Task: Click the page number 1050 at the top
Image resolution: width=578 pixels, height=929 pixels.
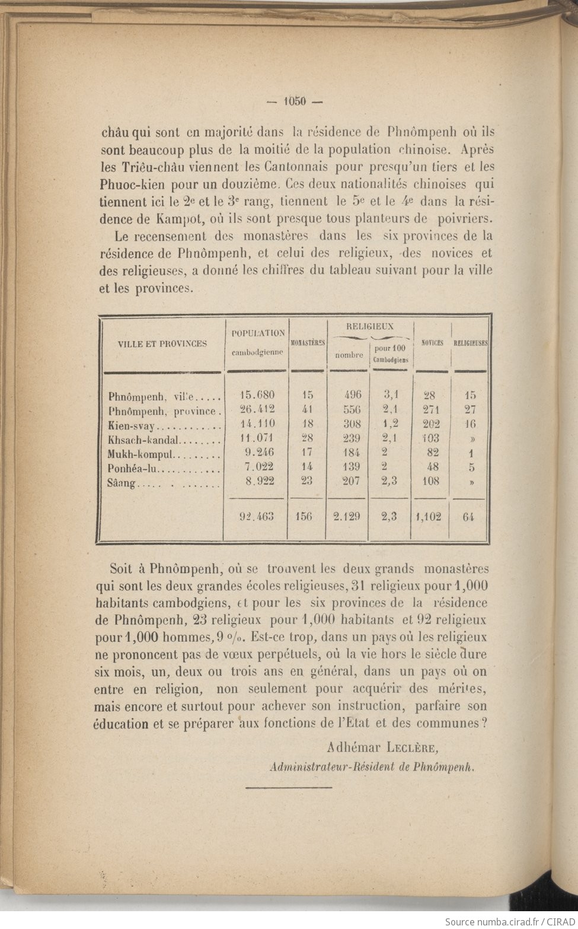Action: click(x=294, y=101)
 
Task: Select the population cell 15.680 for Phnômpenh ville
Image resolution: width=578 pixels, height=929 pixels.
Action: click(x=257, y=395)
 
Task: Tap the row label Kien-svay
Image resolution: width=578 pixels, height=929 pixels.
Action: click(x=131, y=425)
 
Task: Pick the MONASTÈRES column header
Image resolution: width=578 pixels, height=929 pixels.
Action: click(x=307, y=343)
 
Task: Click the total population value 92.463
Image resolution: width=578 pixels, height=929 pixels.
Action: click(x=256, y=516)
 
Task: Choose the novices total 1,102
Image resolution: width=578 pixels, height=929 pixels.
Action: click(x=428, y=516)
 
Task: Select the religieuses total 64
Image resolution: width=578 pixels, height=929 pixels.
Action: click(x=468, y=516)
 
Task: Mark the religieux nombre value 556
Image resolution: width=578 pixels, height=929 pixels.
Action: click(x=350, y=409)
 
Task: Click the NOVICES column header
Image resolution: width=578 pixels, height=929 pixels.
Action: click(x=432, y=343)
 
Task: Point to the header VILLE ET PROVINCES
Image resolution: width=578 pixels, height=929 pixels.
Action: click(x=162, y=343)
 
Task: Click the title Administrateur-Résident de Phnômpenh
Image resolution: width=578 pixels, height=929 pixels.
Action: click(x=373, y=766)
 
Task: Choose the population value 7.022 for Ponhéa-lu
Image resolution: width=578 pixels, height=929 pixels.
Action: click(x=259, y=467)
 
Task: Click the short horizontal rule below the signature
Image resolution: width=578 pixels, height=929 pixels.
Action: click(x=289, y=787)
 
